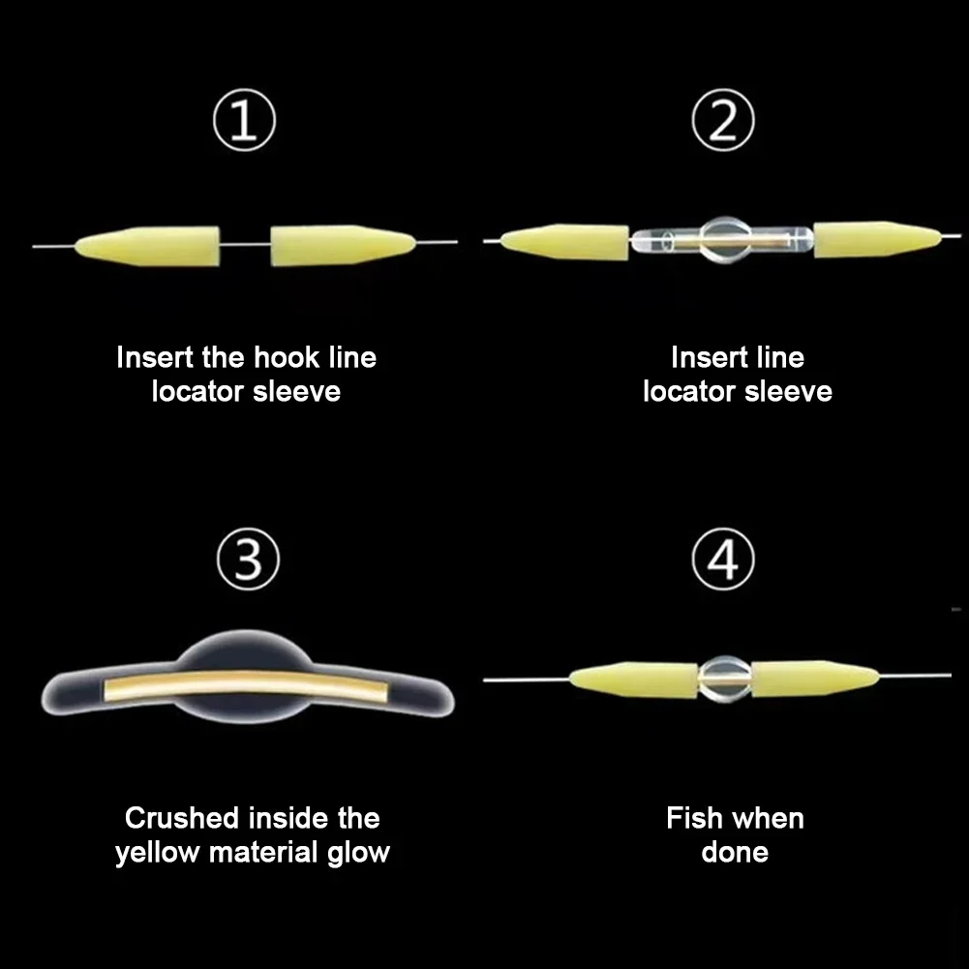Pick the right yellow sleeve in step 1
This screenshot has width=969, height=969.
(344, 246)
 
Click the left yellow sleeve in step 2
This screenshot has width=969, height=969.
(566, 242)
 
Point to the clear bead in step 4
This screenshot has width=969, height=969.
(725, 678)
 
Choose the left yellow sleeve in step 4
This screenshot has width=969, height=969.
(634, 679)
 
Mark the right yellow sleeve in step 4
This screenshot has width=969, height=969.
(813, 678)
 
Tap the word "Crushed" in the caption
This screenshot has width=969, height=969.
(182, 818)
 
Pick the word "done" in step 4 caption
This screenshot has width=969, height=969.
(735, 853)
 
